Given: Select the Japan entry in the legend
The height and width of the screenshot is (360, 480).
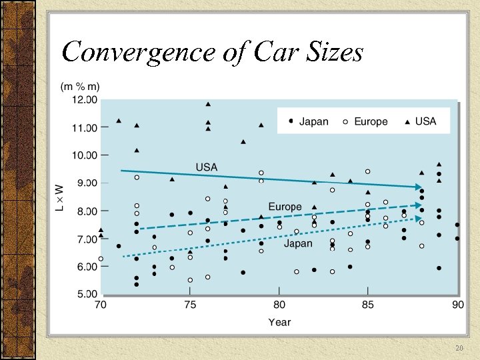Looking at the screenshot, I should pos(308,121).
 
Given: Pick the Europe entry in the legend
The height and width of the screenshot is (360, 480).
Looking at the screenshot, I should pos(365,121).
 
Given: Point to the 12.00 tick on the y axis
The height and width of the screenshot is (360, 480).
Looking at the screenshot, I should pos(85,99).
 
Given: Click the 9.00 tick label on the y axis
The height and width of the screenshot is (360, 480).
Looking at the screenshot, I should pos(85,183).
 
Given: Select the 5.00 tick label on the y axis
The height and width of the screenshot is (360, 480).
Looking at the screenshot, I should pos(85,294).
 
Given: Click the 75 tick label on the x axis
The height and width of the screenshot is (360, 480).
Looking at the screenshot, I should pos(190,305).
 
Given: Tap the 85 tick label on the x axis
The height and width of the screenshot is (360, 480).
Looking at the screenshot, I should pos(367,305).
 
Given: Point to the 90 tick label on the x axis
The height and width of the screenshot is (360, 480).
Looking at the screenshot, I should pos(457,305).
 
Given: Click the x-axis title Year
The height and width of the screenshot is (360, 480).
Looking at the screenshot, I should pos(279,322).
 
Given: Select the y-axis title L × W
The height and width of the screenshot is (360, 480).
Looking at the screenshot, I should pos(59,199).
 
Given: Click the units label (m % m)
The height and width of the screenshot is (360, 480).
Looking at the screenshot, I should pos(81,87).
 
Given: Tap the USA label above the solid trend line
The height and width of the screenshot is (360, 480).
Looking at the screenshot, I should pos(206,167).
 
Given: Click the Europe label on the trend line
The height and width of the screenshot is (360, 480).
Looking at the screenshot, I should pos(285,207).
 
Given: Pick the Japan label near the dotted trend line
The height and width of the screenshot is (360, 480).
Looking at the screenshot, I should pos(298,243).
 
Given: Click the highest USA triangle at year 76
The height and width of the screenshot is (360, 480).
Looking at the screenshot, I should pos(208,104).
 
